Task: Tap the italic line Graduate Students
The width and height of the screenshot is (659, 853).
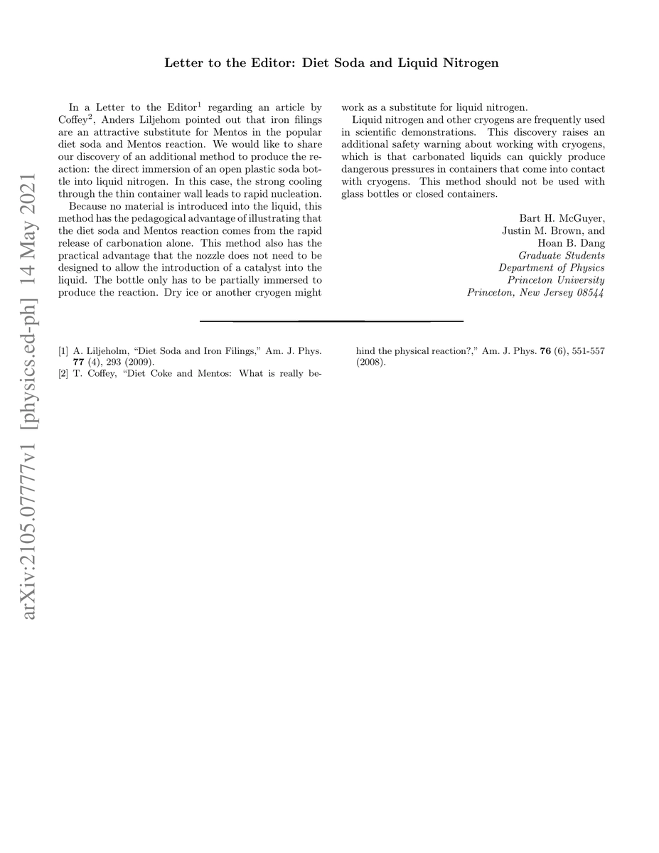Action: pyautogui.click(x=562, y=255)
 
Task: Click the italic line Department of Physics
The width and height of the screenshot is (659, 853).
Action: pyautogui.click(x=551, y=268)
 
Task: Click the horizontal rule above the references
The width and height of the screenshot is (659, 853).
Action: pyautogui.click(x=331, y=321)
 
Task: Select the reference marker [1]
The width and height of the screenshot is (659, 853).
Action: pyautogui.click(x=64, y=350)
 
